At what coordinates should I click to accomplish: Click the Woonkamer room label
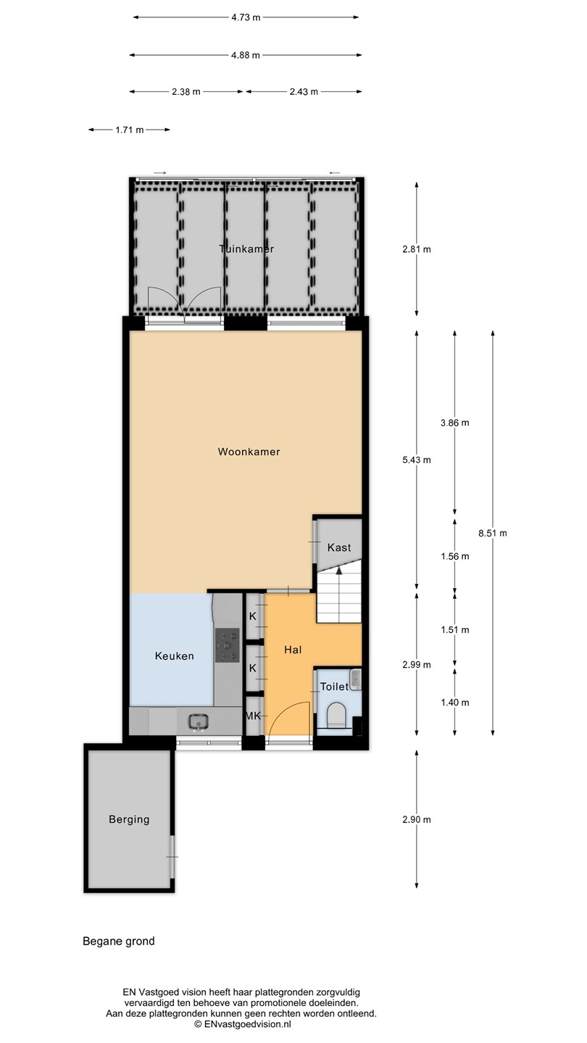point(249,452)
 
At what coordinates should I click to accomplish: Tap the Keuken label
point(174,656)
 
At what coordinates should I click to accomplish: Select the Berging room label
point(129,819)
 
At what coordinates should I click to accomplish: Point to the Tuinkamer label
point(246,249)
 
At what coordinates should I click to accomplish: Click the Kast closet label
point(338,548)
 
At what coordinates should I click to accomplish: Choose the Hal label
point(293,650)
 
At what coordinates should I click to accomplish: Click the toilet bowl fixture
point(336,715)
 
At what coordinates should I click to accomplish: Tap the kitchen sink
point(199,722)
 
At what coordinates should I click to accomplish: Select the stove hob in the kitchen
point(227,645)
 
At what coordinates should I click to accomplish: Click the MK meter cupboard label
point(253,716)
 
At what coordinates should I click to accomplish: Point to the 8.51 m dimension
point(493,533)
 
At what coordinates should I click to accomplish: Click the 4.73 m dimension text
point(246,17)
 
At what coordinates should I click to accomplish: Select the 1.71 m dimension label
point(130,130)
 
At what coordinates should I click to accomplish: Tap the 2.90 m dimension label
point(417,819)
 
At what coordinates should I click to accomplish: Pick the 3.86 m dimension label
point(454,423)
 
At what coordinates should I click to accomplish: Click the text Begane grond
point(118,942)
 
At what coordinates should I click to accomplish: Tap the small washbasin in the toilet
point(356,679)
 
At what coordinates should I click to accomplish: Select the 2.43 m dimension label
point(304,92)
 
